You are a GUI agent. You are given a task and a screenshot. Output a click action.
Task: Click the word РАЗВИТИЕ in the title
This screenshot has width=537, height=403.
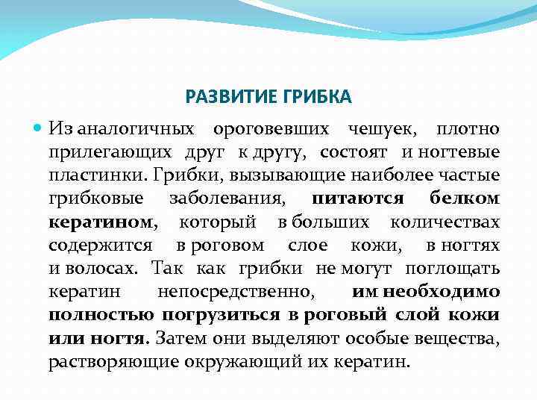tap(233, 98)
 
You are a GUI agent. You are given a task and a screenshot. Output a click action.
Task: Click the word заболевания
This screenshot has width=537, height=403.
tap(224, 199)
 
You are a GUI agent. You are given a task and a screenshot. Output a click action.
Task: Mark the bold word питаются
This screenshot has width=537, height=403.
tap(358, 199)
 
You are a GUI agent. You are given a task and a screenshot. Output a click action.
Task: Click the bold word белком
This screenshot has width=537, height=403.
tap(465, 199)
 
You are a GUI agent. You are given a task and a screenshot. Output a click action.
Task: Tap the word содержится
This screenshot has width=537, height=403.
tap(101, 246)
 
